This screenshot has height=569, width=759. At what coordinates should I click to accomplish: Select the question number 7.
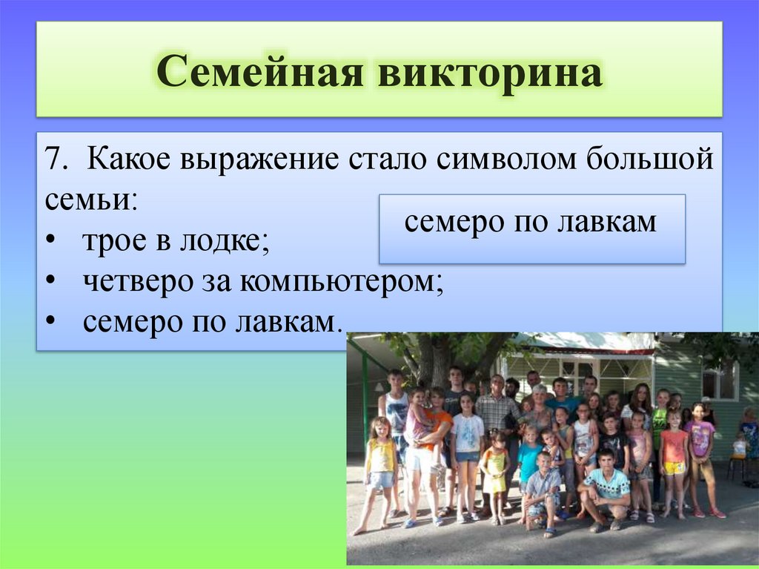(56, 158)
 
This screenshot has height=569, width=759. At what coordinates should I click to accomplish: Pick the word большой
(650, 158)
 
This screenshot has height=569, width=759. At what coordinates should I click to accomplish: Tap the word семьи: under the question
(91, 200)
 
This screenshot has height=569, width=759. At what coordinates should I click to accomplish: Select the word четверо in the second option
(137, 281)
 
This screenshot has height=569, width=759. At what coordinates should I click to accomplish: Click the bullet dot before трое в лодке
(50, 241)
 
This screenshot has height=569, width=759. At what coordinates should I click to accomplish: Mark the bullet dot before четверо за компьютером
(50, 282)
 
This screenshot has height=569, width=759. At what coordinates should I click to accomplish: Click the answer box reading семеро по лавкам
(532, 229)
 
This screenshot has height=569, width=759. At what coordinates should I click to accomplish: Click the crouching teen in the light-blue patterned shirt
(604, 490)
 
